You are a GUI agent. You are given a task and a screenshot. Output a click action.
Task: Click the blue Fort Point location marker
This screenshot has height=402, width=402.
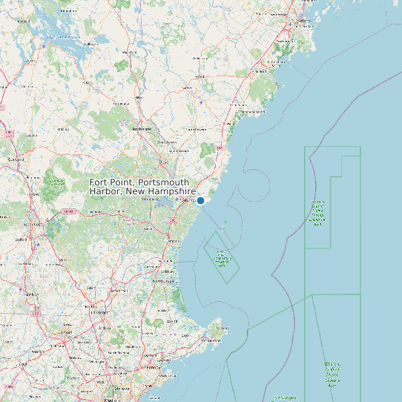[x=200, y=200]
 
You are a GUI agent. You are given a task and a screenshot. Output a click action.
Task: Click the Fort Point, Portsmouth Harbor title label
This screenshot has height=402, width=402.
[x=139, y=187]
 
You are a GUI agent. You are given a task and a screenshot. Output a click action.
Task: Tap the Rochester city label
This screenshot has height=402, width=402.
[x=141, y=128]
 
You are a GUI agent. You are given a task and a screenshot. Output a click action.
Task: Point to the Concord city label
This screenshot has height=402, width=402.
[x=13, y=159]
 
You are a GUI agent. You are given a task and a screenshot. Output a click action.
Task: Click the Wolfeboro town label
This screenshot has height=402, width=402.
[x=93, y=44]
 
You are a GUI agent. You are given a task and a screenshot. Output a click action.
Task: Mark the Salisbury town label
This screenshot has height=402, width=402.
[x=169, y=271]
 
